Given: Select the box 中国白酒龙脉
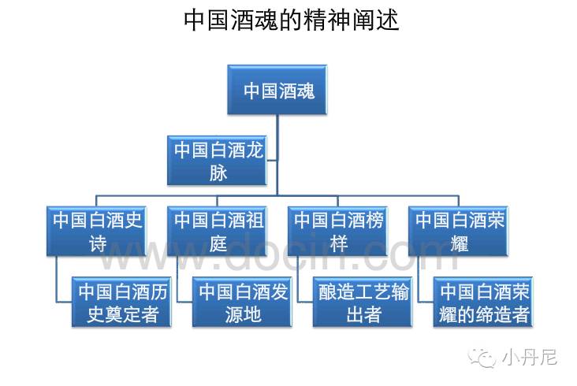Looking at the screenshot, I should tap(218, 161).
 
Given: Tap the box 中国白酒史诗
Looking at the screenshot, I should tap(98, 230).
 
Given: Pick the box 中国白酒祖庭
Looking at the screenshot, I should tap(218, 230).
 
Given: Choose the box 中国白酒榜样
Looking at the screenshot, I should tap(339, 230).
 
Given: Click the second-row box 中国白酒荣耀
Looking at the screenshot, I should tap(460, 230).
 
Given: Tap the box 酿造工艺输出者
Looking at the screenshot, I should tap(363, 302).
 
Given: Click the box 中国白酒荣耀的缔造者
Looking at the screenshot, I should tap(484, 302).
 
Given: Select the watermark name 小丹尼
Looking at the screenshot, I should tap(529, 358).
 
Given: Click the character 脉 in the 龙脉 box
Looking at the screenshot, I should tap(218, 173).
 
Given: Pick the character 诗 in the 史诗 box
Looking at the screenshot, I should tap(98, 243).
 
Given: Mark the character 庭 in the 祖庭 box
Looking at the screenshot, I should tap(218, 243).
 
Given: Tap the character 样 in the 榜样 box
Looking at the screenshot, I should tap(339, 243).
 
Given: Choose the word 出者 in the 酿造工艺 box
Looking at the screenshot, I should tap(363, 315).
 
